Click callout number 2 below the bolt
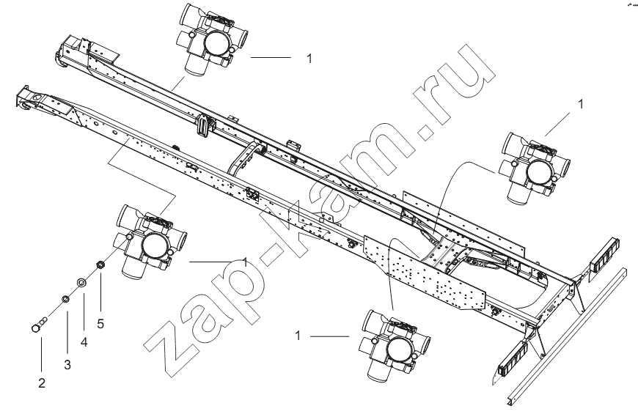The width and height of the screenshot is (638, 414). coord(42,383)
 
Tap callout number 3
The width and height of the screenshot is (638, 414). coord(67,365)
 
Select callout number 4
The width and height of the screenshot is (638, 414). coord(84,342)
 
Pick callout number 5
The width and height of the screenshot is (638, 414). coord(100,324)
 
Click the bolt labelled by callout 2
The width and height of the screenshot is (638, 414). coord(39,324)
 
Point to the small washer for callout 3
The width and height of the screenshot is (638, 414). coord(65,300)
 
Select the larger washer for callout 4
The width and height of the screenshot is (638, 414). coord(82,282)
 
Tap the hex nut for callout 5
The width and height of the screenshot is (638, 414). coord(99,265)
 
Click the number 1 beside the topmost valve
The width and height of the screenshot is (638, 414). coord(309,59)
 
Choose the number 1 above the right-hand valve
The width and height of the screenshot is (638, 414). coord(581,104)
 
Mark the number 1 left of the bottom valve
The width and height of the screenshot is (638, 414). coord(298,336)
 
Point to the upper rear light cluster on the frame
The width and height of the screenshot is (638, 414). coord(604,256)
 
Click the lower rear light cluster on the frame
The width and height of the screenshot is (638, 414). coord(513,357)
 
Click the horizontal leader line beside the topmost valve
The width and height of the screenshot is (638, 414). coord(271,58)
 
